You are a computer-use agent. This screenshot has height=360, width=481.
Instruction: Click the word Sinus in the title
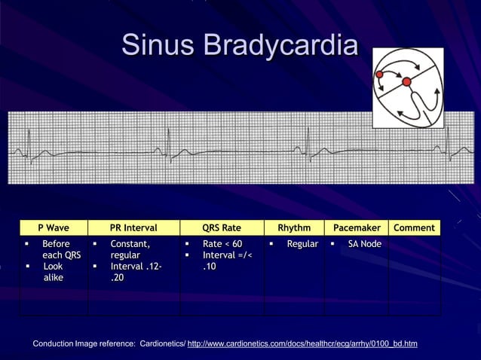pyautogui.click(x=156, y=45)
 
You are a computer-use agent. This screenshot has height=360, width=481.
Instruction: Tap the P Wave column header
pyautogui.click(x=54, y=227)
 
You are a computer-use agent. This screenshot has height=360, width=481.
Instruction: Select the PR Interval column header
pyautogui.click(x=133, y=227)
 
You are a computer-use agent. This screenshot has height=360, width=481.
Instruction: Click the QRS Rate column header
pyautogui.click(x=222, y=227)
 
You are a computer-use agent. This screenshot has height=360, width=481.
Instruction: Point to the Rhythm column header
pyautogui.click(x=294, y=227)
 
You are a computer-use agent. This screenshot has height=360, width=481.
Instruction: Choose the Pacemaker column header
pyautogui.click(x=356, y=227)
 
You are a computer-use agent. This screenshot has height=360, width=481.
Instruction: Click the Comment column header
pyautogui.click(x=414, y=227)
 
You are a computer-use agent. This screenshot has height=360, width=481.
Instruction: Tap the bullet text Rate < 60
pyautogui.click(x=222, y=244)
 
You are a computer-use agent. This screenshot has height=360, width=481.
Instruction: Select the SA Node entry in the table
pyautogui.click(x=364, y=244)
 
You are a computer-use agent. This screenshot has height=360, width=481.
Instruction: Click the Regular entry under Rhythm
pyautogui.click(x=302, y=244)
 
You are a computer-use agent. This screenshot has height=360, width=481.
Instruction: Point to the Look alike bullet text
pyautogui.click(x=53, y=272)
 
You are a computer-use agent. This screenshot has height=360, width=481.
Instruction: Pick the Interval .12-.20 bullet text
pyautogui.click(x=135, y=272)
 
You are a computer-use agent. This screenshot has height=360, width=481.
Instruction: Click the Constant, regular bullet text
pyautogui.click(x=130, y=249)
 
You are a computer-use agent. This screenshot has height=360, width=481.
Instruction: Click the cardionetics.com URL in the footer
pyautogui.click(x=302, y=344)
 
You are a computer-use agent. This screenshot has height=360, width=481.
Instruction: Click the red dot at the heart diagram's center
pyautogui.click(x=406, y=81)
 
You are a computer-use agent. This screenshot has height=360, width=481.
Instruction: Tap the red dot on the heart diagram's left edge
pyautogui.click(x=379, y=75)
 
